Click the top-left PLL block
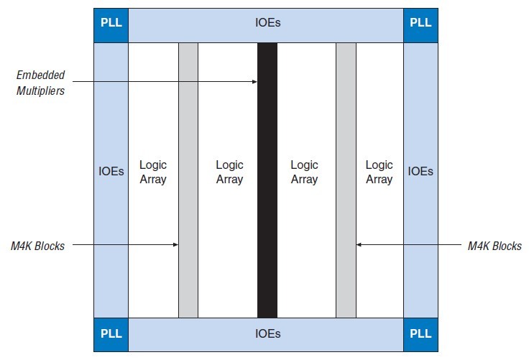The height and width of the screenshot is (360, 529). point(111,22)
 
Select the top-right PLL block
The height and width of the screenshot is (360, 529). point(420,22)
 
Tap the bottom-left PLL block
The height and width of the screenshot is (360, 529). point(111,334)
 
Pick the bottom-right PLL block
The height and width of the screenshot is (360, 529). point(420,334)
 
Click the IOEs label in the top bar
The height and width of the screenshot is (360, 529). point(267,22)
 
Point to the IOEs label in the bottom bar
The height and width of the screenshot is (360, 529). point(267,334)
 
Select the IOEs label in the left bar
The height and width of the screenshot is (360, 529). point(111,172)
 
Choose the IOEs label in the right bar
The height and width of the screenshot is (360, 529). point(420,172)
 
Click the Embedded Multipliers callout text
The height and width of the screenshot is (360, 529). point(41,83)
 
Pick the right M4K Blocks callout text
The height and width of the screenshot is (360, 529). point(494,246)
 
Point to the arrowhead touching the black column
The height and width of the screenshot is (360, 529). point(254,82)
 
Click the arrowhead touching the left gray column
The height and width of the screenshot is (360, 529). point(175,245)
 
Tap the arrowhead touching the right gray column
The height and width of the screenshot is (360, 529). point(359,245)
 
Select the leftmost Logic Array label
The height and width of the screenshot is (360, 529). point(152,172)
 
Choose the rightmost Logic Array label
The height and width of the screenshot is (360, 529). point(379,172)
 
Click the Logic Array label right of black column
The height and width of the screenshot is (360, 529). point(304,172)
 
